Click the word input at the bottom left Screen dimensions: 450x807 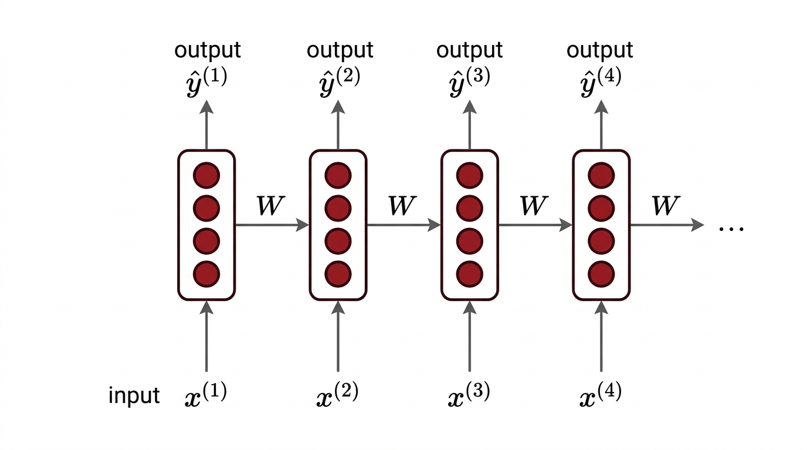pos(134,396)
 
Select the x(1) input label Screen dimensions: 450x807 pos(205,395)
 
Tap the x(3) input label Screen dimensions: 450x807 pos(469,395)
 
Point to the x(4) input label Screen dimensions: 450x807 pos(600,395)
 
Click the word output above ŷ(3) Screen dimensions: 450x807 pos(469,50)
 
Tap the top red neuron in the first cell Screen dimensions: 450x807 pos(206,175)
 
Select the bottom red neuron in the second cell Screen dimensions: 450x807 pos(338,273)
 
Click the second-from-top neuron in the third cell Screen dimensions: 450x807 pos(469,207)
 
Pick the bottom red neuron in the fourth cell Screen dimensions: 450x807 pos(601,273)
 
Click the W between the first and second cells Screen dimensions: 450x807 pos(270,206)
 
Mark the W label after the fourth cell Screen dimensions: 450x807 pos(665,206)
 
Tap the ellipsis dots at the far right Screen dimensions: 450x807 pos(731,228)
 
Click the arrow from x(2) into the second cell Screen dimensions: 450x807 pos(338,337)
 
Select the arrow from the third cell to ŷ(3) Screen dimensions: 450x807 pos(469,126)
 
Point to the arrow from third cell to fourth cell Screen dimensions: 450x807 pos(534,224)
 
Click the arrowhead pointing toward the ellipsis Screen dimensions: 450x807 pos(697,224)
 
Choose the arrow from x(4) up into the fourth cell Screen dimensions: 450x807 pos(601,337)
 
